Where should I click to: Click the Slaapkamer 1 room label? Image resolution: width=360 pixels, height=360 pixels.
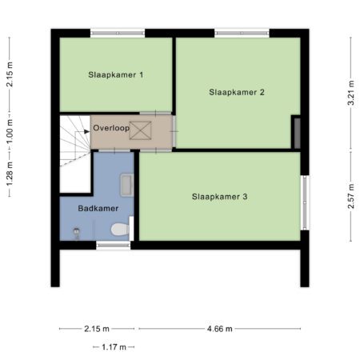[116, 74]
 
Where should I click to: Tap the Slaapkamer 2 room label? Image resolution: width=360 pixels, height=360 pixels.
[237, 92]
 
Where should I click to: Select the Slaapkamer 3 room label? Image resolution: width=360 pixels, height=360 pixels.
[219, 197]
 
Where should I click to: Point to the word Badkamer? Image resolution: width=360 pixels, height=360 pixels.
[98, 208]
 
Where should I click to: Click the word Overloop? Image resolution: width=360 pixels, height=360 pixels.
[111, 128]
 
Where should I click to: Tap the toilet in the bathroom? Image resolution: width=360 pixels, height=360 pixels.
[120, 230]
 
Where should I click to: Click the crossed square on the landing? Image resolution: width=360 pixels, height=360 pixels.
[140, 130]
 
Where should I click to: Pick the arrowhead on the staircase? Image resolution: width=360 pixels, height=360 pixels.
[87, 131]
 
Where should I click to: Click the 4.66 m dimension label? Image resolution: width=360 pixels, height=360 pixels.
[220, 329]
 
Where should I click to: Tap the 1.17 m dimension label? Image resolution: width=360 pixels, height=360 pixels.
[114, 347]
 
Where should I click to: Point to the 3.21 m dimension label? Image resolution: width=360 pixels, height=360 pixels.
[351, 93]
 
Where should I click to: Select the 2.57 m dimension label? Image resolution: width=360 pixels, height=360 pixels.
[351, 196]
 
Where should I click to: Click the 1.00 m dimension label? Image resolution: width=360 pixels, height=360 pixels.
[10, 131]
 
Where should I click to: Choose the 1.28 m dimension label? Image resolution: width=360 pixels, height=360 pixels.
[10, 174]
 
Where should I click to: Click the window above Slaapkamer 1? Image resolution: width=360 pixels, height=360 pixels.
[118, 33]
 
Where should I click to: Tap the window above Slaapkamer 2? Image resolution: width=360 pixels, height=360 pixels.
[242, 33]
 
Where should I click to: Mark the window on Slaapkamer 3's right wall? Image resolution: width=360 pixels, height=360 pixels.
[305, 202]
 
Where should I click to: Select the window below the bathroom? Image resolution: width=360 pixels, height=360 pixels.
[114, 245]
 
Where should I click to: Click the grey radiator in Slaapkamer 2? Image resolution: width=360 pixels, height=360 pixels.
[297, 133]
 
